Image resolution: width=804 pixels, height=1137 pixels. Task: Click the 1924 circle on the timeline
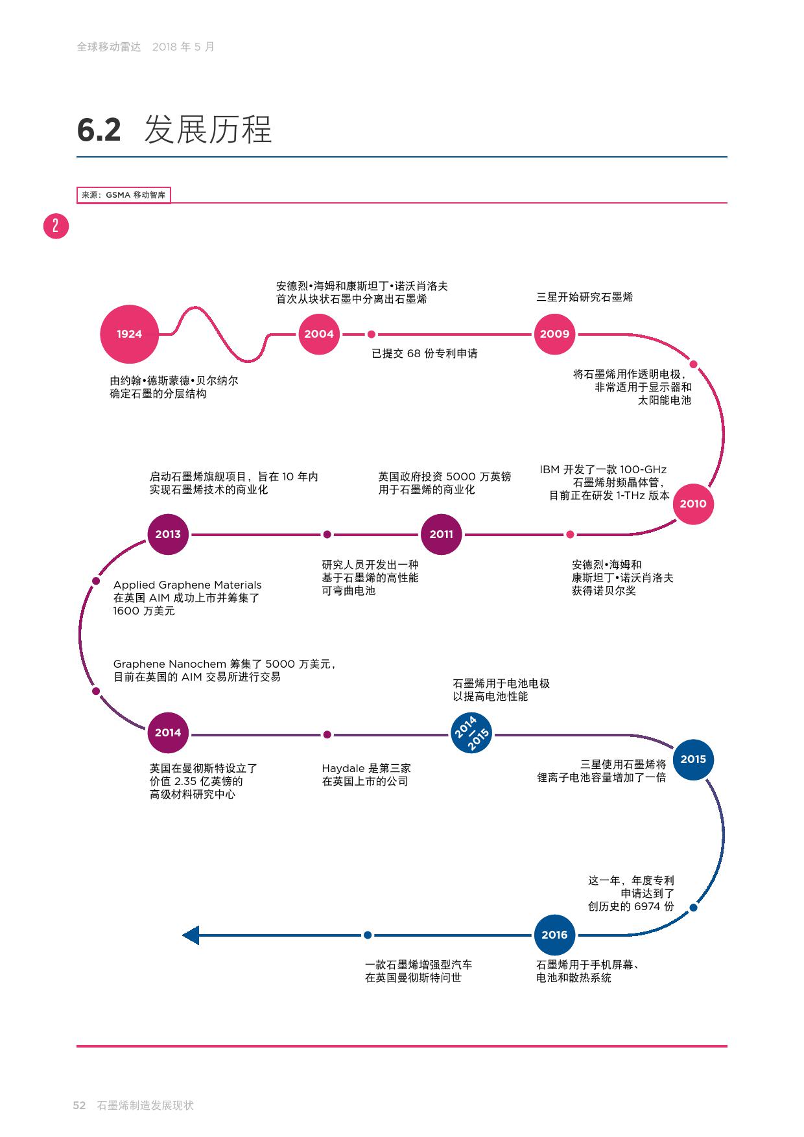(129, 334)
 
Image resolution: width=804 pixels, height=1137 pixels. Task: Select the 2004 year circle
(319, 334)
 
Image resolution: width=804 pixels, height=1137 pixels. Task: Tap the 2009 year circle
(554, 334)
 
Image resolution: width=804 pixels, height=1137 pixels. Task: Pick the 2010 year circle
(692, 504)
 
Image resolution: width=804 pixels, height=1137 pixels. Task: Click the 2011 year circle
(441, 534)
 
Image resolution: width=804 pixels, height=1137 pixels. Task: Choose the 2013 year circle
(168, 534)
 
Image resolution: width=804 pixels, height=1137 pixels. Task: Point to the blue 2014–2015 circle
(471, 733)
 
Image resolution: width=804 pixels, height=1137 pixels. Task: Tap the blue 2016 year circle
(554, 935)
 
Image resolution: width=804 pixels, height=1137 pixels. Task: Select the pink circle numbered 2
(56, 226)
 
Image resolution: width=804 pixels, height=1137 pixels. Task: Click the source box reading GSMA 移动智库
(123, 195)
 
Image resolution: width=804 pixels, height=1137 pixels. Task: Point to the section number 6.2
(99, 130)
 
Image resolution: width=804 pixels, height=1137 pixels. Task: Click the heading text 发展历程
(207, 130)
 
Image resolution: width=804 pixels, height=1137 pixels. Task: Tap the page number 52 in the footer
(79, 1106)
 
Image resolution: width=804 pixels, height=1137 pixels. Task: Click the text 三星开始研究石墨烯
(584, 298)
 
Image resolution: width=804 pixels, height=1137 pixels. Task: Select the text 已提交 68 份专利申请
(424, 354)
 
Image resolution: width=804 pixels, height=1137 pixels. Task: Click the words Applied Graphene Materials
(187, 585)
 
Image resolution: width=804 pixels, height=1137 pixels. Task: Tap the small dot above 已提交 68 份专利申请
(372, 334)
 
